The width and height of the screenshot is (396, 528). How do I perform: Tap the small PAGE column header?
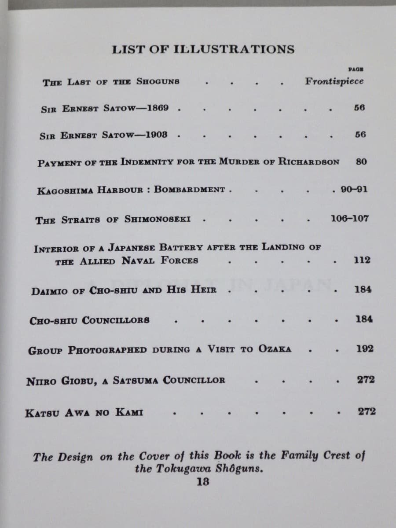(355, 69)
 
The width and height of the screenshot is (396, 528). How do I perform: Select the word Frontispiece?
(334, 81)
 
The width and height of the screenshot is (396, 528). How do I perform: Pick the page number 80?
(361, 161)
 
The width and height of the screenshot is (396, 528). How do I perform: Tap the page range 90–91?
(354, 190)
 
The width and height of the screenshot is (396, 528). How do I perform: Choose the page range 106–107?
(349, 218)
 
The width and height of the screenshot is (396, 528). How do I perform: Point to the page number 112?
(362, 260)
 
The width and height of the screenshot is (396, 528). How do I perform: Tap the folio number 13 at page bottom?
(203, 481)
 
